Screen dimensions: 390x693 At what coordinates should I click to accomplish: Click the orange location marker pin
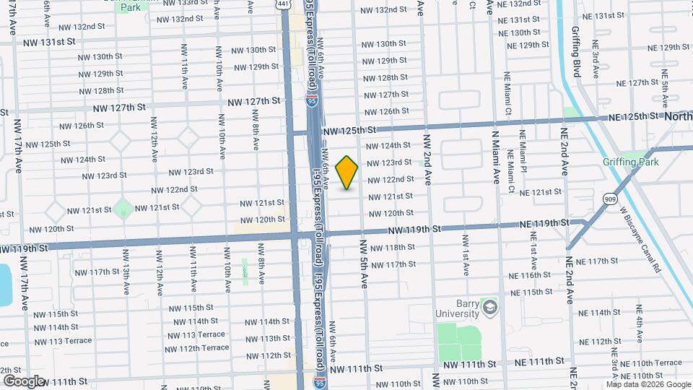pos(347,172)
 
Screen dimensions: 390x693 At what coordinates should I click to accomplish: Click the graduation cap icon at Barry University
pos(491,308)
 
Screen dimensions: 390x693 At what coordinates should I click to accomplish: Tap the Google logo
pos(23,381)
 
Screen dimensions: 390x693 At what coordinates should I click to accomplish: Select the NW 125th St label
pos(349,131)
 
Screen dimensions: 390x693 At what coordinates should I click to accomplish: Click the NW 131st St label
pos(49,42)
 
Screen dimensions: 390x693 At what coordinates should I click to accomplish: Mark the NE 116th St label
pos(530,275)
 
